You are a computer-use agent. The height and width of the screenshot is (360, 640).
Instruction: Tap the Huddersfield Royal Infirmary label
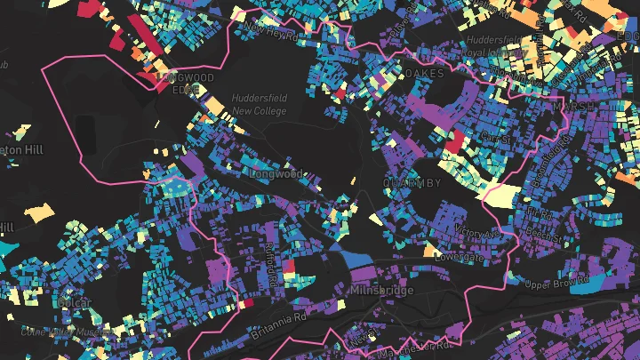[x=503, y=46]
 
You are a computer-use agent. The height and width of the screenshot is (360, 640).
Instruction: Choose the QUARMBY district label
[x=412, y=183]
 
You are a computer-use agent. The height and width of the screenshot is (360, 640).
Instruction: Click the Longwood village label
[x=278, y=174]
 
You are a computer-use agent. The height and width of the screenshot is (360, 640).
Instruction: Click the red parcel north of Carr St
[x=453, y=141]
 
